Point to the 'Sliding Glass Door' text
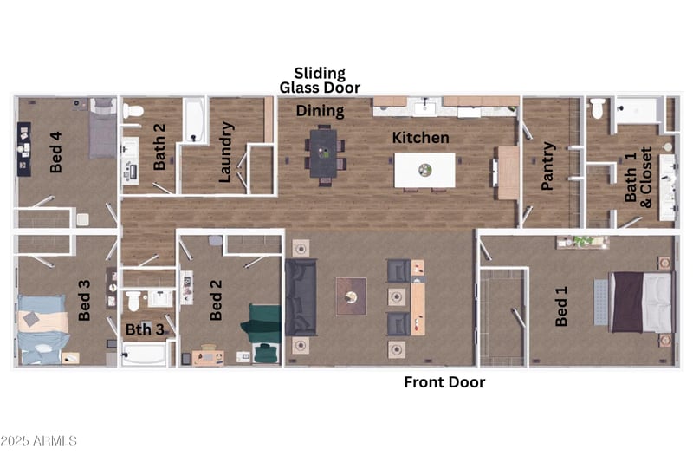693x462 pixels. pos(320,81)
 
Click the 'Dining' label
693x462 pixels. pos(321,111)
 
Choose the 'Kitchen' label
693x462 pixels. pos(421,138)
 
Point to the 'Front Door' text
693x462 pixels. pos(445,382)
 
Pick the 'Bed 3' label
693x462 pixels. pos(84,300)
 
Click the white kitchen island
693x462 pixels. pos(424,170)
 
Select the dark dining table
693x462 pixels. pos(323,153)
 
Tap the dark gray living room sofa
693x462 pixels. pos(301,297)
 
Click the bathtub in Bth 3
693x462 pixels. pos(145,355)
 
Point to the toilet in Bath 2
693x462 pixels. pos(133,111)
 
